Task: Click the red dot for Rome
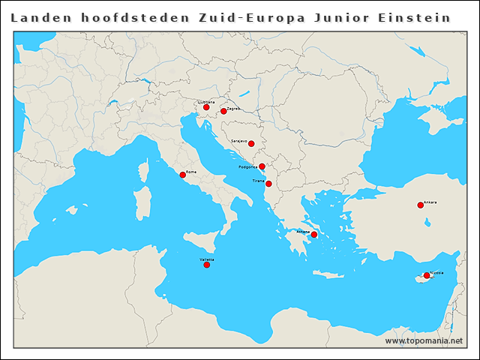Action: pos(182,175)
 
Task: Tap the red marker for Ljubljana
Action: pos(206,107)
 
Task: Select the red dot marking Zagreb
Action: pos(223,111)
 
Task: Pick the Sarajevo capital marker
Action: pos(251,143)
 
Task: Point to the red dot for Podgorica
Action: pos(262,166)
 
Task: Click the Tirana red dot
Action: pos(268,183)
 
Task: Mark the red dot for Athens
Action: pos(314,235)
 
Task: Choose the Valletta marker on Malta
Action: pos(206,265)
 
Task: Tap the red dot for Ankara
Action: pos(420,205)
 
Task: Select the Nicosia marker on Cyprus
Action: pos(427,275)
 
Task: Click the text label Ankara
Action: pos(430,202)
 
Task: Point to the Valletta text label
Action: pos(206,259)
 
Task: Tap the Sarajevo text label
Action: pos(238,140)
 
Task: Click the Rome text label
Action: pos(191,172)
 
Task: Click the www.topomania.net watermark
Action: pos(424,340)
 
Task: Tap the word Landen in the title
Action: pos(37,16)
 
